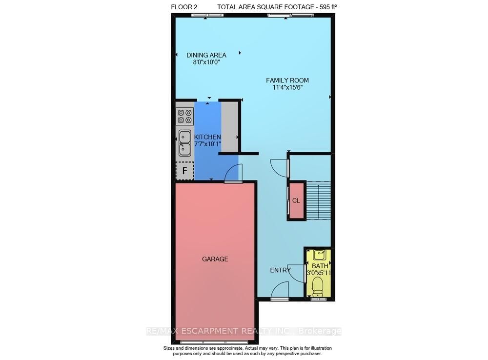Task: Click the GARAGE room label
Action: pyautogui.click(x=215, y=259)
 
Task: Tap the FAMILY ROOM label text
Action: pyautogui.click(x=287, y=80)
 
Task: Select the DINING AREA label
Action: pyautogui.click(x=206, y=55)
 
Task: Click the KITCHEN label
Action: pyautogui.click(x=207, y=138)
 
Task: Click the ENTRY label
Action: pyautogui.click(x=281, y=270)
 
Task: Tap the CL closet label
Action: pyautogui.click(x=296, y=200)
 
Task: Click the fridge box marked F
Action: pyautogui.click(x=184, y=171)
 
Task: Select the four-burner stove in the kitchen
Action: pyautogui.click(x=185, y=116)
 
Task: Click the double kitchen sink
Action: pyautogui.click(x=185, y=143)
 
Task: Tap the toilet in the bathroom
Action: pyautogui.click(x=317, y=286)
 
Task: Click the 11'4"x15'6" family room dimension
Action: pyautogui.click(x=287, y=88)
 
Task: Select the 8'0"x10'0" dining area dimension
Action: pyautogui.click(x=206, y=62)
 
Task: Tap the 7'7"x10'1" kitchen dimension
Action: pyautogui.click(x=207, y=145)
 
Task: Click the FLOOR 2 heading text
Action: pyautogui.click(x=185, y=6)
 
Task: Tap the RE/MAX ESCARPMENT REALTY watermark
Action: pyautogui.click(x=244, y=331)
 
